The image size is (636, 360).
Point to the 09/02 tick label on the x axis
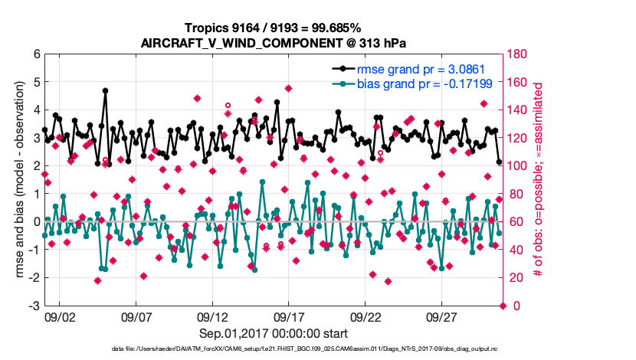pyautogui.click(x=60, y=316)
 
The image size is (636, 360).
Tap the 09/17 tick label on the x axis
pyautogui.click(x=290, y=316)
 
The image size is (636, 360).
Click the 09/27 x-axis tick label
pyautogui.click(x=442, y=316)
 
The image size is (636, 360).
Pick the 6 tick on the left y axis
pyautogui.click(x=36, y=54)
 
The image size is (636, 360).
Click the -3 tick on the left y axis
pyautogui.click(x=34, y=306)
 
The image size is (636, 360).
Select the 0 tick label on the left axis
pyautogui.click(x=36, y=222)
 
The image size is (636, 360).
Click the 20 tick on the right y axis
pyautogui.click(x=516, y=278)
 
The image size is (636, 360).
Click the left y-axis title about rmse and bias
pyautogui.click(x=17, y=180)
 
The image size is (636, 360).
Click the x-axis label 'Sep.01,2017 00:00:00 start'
pyautogui.click(x=274, y=333)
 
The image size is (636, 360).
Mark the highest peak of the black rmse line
pyautogui.click(x=105, y=90)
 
